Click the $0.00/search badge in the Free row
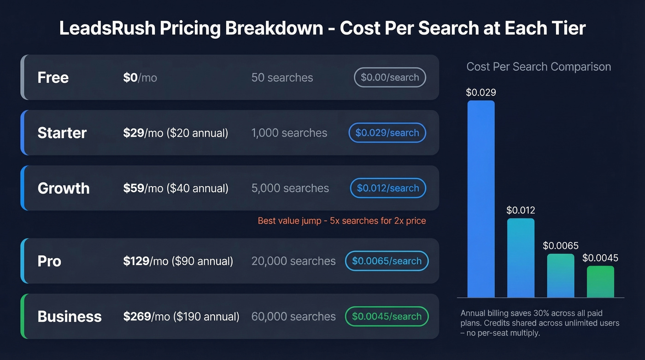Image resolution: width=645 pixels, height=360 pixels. pos(390,77)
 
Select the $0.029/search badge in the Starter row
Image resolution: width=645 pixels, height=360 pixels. pos(387,133)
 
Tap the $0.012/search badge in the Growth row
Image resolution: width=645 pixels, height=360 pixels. pos(388,188)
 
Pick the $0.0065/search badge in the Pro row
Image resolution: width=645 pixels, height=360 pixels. pos(387,261)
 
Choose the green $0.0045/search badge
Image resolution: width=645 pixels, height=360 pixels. pos(387,316)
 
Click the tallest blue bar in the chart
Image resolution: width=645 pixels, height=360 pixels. pos(481,199)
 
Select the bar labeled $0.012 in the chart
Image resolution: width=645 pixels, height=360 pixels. pos(521,258)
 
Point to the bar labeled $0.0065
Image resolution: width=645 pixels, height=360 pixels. pos(561,275)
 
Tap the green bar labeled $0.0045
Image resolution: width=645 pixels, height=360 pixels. pos(600,281)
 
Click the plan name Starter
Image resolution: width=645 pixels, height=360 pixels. pos(62,133)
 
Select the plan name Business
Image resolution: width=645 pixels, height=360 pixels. pos(70,316)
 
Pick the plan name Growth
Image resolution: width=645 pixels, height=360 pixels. pos(64,188)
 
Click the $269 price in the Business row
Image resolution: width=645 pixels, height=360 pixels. pos(136,316)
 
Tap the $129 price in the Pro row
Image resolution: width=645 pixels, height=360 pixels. pos(136,261)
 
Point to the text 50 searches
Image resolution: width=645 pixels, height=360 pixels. pos(282,77)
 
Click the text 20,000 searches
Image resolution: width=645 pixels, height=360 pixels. pos(293,261)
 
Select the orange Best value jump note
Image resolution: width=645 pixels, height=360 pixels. pos(341,221)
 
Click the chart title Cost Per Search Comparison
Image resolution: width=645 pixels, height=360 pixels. pos(539,67)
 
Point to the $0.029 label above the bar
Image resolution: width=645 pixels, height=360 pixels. pos(481,92)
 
